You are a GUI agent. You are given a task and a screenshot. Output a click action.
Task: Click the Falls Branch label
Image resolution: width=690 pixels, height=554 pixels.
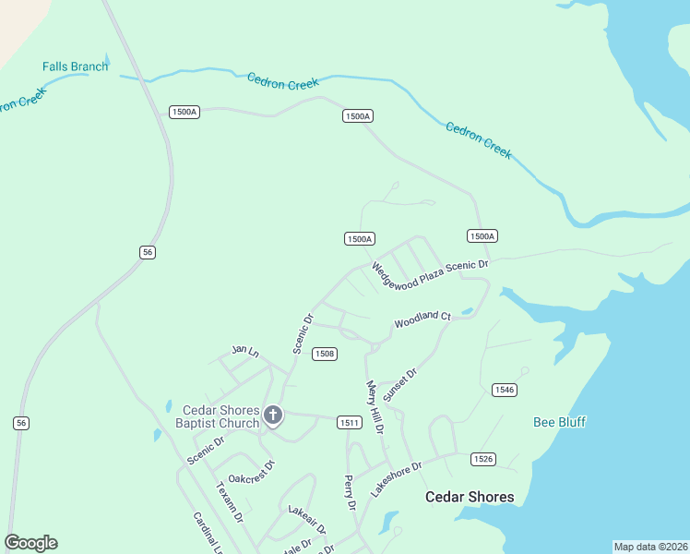75,66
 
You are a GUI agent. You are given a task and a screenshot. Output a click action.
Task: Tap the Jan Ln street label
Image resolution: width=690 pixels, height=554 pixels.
244,351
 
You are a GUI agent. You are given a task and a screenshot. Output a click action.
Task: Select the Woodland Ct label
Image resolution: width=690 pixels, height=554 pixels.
422,319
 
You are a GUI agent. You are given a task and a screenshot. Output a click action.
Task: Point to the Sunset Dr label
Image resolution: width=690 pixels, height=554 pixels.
400,384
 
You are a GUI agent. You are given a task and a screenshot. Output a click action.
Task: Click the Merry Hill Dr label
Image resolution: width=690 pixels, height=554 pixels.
375,407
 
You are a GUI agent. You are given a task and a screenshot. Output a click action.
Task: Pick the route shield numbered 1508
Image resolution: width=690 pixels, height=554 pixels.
324,354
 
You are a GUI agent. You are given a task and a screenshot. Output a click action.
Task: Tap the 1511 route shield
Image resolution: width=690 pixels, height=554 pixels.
348,422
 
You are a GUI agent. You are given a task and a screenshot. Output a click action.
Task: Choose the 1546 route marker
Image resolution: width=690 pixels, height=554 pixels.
504,390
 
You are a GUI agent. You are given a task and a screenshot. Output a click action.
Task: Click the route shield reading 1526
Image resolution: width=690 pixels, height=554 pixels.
483,459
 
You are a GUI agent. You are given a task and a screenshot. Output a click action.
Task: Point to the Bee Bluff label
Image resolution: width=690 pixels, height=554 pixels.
560,422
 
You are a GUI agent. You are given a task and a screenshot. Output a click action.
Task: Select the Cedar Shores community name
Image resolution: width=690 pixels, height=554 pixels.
470,497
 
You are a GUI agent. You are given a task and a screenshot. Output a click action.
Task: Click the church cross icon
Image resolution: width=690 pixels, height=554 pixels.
272,415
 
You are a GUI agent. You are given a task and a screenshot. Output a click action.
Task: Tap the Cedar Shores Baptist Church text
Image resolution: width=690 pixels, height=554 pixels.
220,416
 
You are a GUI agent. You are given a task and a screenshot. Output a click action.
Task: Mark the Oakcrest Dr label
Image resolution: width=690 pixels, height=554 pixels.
252,473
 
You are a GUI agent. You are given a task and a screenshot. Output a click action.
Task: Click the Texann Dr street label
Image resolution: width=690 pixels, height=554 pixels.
230,501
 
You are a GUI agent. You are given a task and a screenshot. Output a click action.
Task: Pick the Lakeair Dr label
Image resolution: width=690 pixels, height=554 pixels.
307,520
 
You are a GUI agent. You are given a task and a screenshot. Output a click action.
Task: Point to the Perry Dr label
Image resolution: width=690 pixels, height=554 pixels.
349,492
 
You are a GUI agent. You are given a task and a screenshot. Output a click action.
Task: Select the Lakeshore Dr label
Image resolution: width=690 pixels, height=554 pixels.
396,479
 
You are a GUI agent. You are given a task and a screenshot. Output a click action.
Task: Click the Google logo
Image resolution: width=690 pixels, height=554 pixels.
30,543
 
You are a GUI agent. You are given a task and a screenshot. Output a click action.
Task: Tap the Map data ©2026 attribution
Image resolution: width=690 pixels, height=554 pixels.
650,547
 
